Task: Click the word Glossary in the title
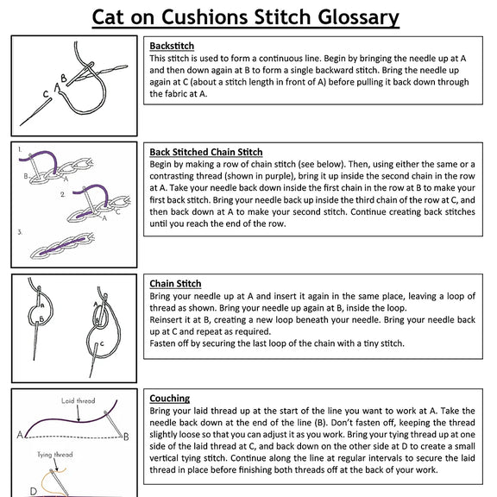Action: pos(358,18)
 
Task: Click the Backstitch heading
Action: pos(172,46)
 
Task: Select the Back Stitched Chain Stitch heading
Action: pos(206,152)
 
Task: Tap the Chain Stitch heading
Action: pos(175,284)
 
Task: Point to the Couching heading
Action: pos(170,399)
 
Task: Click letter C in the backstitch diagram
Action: pos(46,94)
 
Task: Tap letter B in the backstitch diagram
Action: pos(64,78)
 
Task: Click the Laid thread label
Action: pos(78,400)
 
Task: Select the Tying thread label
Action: pos(55,455)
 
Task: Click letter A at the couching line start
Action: pos(20,435)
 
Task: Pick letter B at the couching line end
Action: pos(126,437)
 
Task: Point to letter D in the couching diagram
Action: pos(34,492)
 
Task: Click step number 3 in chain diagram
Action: pos(20,232)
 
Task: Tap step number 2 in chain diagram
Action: pos(63,194)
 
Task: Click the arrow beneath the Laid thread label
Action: pos(79,413)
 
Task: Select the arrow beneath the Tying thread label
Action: pos(55,465)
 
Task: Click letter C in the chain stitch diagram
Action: pos(102,343)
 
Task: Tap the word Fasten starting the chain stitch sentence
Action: pos(159,343)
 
